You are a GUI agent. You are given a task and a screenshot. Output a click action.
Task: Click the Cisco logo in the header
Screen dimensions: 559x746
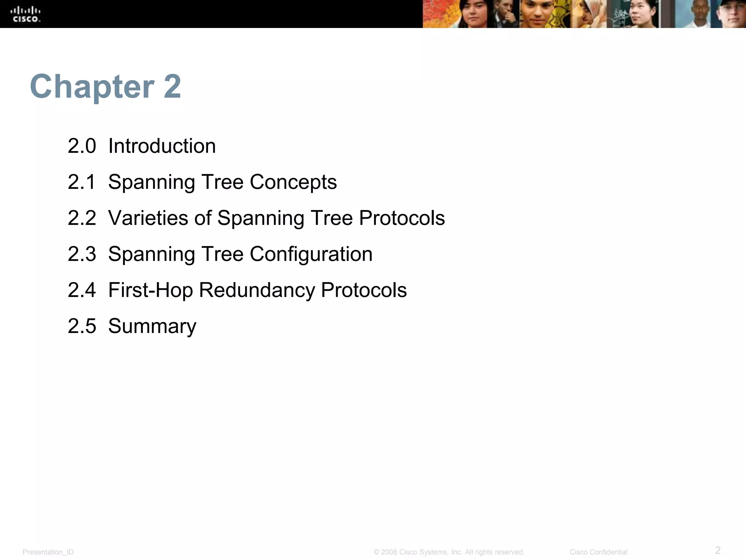pos(27,14)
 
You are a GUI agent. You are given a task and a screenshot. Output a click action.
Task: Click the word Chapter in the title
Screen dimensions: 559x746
pos(92,87)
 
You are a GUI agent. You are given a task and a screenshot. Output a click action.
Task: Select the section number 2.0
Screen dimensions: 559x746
pos(82,146)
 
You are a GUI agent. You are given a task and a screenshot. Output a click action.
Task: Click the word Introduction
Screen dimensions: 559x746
pos(162,146)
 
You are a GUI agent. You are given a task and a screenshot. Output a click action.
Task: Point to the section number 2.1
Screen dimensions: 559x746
pos(82,182)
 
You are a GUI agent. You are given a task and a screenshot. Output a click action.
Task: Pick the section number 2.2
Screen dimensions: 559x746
pos(82,218)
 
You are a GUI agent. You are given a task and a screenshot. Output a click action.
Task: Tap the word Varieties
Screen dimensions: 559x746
pos(148,218)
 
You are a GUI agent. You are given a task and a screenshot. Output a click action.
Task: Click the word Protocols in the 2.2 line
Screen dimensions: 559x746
pos(402,218)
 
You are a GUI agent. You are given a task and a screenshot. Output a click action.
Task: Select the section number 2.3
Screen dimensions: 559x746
pos(82,254)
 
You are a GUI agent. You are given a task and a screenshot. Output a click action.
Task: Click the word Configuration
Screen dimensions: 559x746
pos(311,254)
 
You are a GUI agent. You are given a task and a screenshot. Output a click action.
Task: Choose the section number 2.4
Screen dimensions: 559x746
pos(82,290)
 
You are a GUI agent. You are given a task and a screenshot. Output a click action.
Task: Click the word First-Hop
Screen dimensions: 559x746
pos(150,290)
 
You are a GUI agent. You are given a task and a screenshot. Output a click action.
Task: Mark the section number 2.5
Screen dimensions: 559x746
pos(82,326)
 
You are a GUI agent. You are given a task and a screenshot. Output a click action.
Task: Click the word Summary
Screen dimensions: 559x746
pos(152,326)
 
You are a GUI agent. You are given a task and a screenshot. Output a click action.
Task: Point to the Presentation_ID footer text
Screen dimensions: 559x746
pos(48,552)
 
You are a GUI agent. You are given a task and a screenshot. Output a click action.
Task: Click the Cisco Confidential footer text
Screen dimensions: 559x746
pos(598,552)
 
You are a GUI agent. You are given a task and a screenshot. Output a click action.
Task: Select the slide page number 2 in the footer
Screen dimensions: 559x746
pos(718,550)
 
